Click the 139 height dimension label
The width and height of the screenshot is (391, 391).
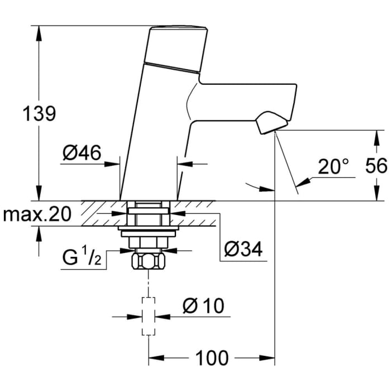click(39, 114)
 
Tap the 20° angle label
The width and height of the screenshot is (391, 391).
click(333, 166)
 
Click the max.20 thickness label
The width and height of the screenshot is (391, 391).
click(39, 214)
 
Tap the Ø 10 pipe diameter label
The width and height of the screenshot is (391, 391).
click(204, 306)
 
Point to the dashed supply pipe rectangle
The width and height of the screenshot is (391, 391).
click(147, 316)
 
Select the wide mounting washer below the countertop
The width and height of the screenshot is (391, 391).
click(147, 228)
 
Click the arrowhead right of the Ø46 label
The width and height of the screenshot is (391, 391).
click(116, 164)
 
